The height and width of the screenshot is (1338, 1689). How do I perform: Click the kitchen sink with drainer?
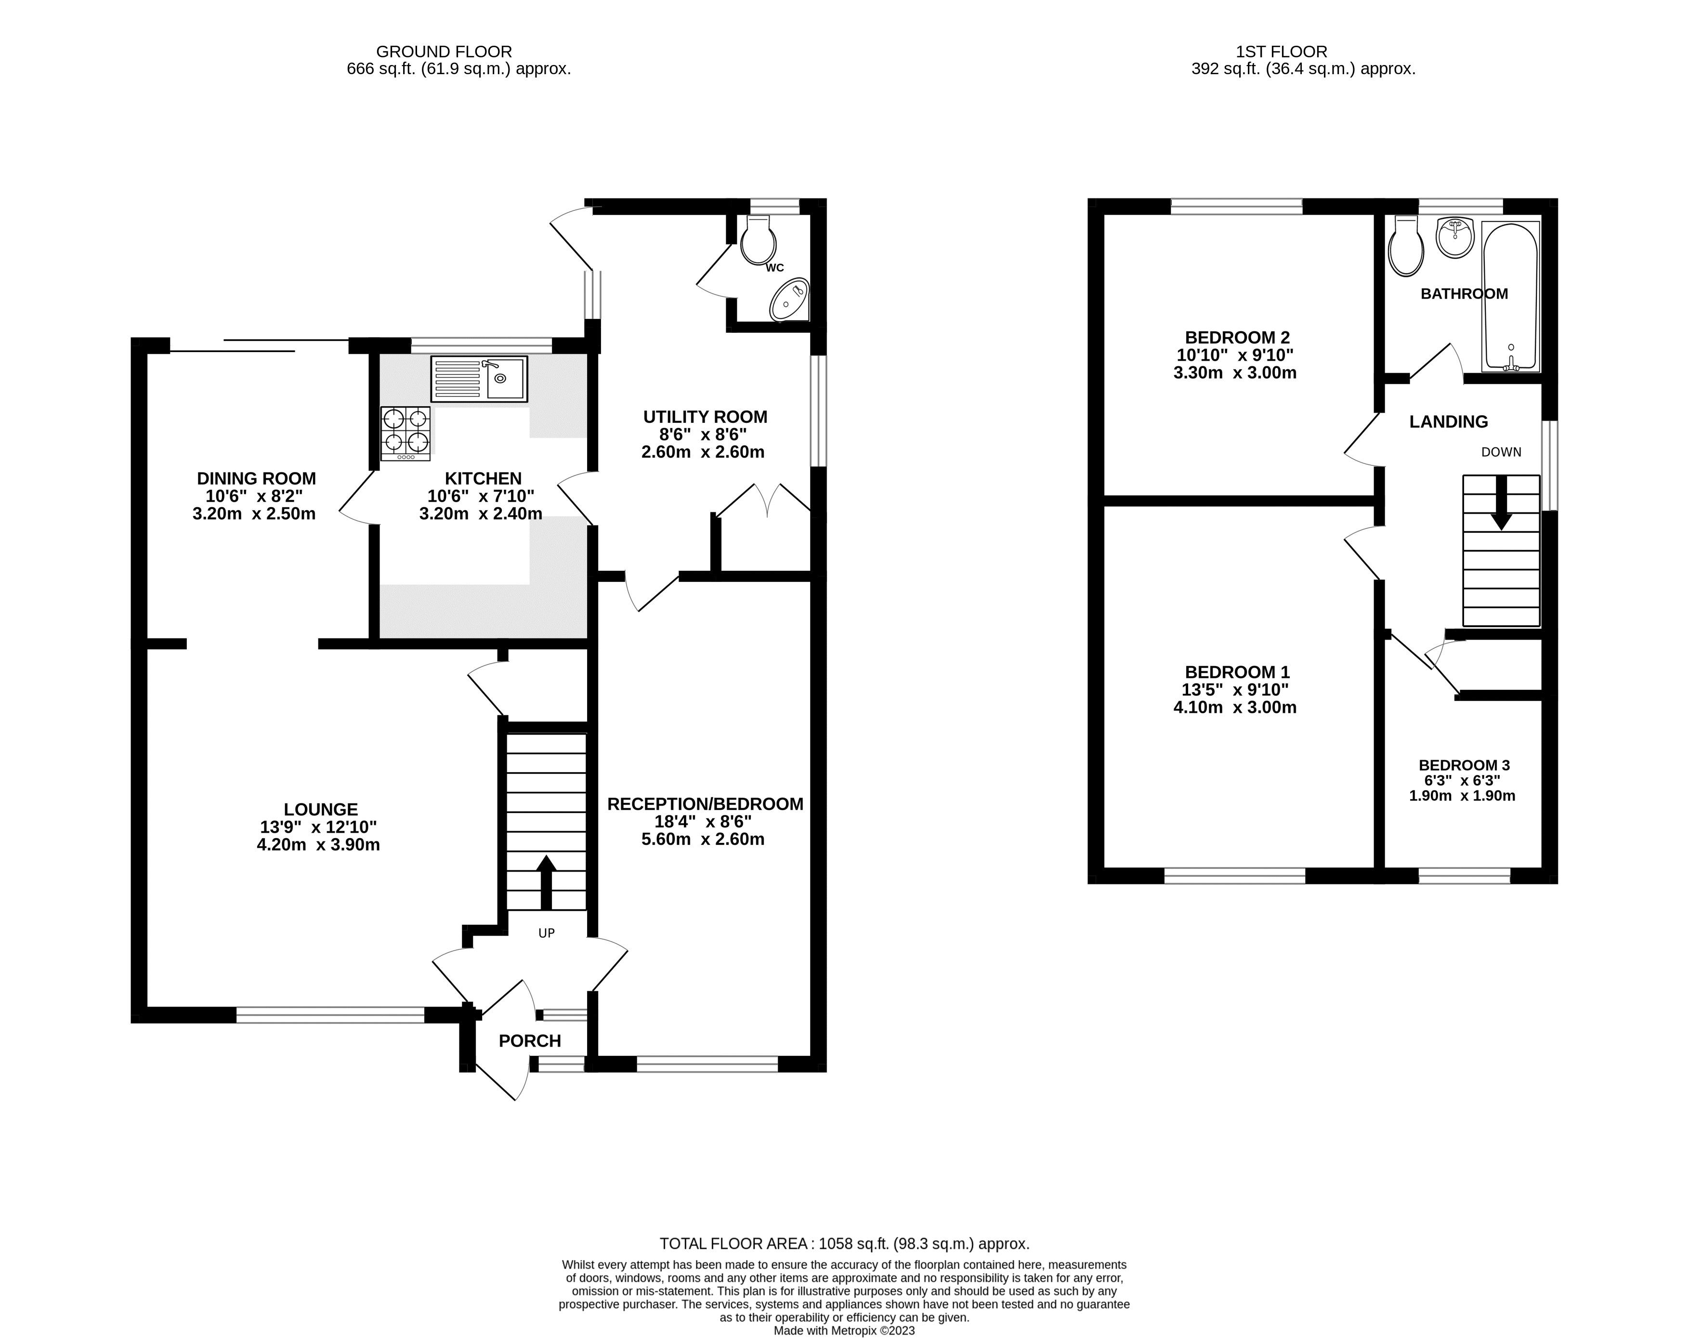point(479,379)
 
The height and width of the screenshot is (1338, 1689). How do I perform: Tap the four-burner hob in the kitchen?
point(406,433)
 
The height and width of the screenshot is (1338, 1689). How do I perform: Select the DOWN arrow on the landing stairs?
point(1501,503)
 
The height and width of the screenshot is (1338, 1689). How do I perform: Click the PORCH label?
point(530,1041)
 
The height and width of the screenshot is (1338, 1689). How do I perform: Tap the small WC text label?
point(775,268)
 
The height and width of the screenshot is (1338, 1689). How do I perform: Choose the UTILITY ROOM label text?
point(705,417)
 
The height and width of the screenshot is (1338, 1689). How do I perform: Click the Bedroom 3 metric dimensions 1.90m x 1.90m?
point(1462,796)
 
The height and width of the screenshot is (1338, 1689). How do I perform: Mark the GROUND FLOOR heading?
point(444,52)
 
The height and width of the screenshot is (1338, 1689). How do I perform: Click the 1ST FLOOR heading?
point(1282,52)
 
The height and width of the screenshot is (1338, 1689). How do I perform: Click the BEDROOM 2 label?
point(1237,338)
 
